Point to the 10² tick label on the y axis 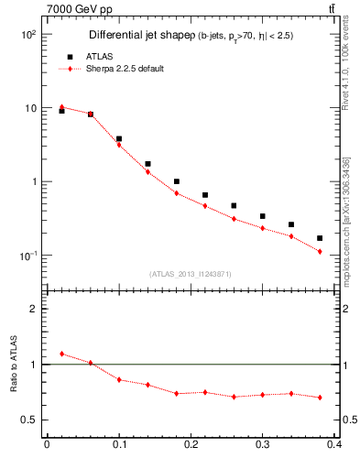tap(27, 35)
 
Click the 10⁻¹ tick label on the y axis tap(27, 256)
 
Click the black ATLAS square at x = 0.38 tap(320, 238)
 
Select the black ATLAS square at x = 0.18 tap(177, 181)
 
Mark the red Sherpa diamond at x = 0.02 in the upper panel tap(61, 107)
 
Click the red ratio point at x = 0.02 tap(61, 354)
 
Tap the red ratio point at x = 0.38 tap(320, 398)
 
